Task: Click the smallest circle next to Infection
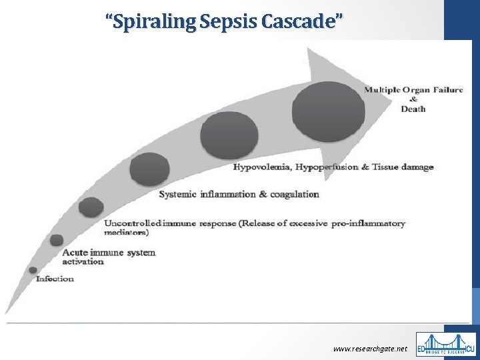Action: pos(33,270)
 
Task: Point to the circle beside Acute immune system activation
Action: pos(57,240)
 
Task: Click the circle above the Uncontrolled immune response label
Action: pos(91,207)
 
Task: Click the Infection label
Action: pos(55,279)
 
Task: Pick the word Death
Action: pos(413,109)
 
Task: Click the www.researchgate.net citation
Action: pos(369,349)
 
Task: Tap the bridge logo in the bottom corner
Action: pos(446,345)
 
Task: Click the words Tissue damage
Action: pos(403,167)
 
